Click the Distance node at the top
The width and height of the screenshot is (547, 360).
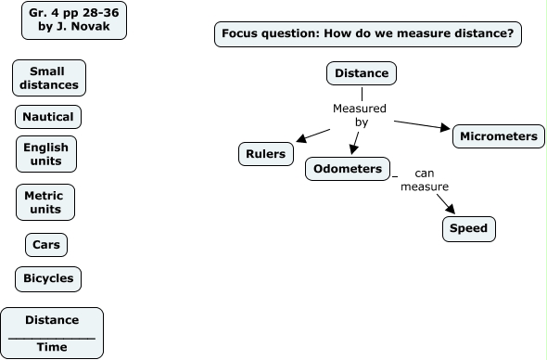362,73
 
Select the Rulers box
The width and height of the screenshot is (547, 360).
267,154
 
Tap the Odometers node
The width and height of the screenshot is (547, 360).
347,169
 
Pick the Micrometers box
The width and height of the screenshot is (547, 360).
498,136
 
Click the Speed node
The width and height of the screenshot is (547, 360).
468,228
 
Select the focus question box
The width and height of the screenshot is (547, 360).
368,35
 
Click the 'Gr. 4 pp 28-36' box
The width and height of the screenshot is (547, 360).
74,20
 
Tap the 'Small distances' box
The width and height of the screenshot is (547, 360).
49,78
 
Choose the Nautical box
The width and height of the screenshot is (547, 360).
48,117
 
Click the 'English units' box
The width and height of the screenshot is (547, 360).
46,154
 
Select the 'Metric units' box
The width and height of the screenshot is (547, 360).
45,201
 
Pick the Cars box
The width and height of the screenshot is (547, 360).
46,245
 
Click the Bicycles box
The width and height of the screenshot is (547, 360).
48,278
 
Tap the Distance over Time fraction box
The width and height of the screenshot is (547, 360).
52,333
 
